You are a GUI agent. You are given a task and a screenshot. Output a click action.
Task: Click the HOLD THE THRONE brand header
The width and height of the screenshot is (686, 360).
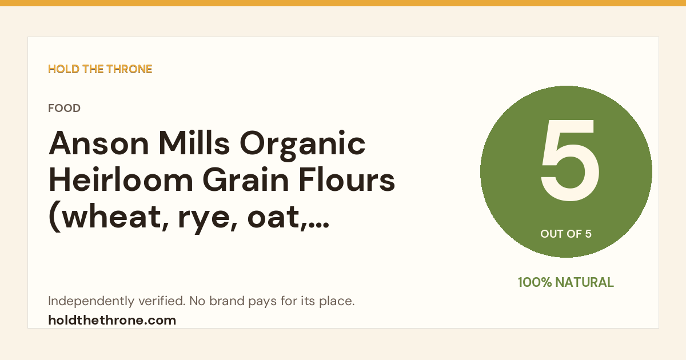100,69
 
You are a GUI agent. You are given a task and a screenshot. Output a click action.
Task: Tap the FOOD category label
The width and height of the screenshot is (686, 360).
64,108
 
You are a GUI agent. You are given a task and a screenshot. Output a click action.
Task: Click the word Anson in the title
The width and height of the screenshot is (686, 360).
99,143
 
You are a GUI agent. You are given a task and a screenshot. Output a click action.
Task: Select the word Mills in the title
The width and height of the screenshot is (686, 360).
194,143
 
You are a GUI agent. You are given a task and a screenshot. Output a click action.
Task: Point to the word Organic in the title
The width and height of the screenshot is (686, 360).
302,145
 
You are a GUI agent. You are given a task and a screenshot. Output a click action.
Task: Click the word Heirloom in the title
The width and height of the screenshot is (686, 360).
121,180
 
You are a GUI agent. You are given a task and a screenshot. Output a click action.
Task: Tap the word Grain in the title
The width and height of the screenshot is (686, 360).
246,180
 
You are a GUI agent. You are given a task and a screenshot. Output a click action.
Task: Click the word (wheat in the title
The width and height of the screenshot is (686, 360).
109,218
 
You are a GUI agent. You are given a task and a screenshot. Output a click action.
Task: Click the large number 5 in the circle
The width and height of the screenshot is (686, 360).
569,161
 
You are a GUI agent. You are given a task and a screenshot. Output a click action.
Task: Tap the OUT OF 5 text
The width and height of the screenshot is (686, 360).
566,234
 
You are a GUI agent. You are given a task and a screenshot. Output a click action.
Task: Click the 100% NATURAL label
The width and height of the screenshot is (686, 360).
566,282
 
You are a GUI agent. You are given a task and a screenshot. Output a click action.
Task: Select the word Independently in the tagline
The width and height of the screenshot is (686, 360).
91,302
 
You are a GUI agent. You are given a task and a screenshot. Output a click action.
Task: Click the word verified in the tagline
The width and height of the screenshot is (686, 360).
162,301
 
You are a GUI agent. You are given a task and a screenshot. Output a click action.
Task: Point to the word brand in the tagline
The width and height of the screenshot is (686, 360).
227,301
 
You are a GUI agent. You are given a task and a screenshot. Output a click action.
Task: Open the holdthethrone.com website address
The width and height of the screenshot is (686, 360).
112,321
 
